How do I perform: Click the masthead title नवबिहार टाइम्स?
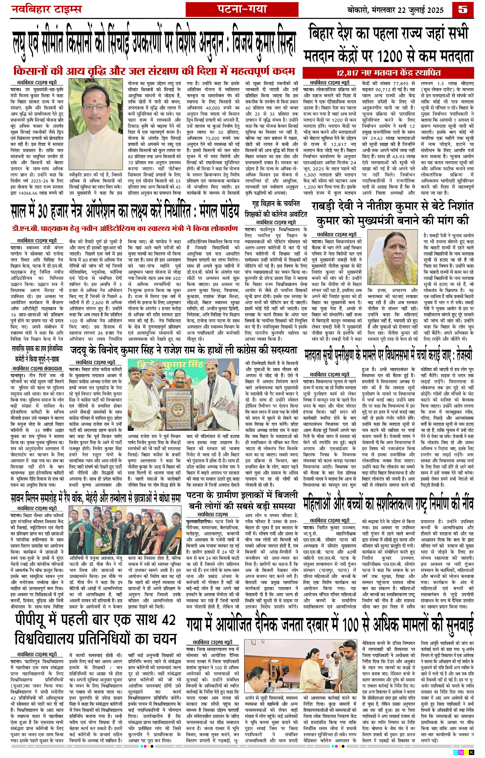pos(46,9)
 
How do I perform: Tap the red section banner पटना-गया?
pos(242,9)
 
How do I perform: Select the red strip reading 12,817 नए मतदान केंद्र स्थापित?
pos(388,73)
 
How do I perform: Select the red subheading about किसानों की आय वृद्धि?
pos(154,71)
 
